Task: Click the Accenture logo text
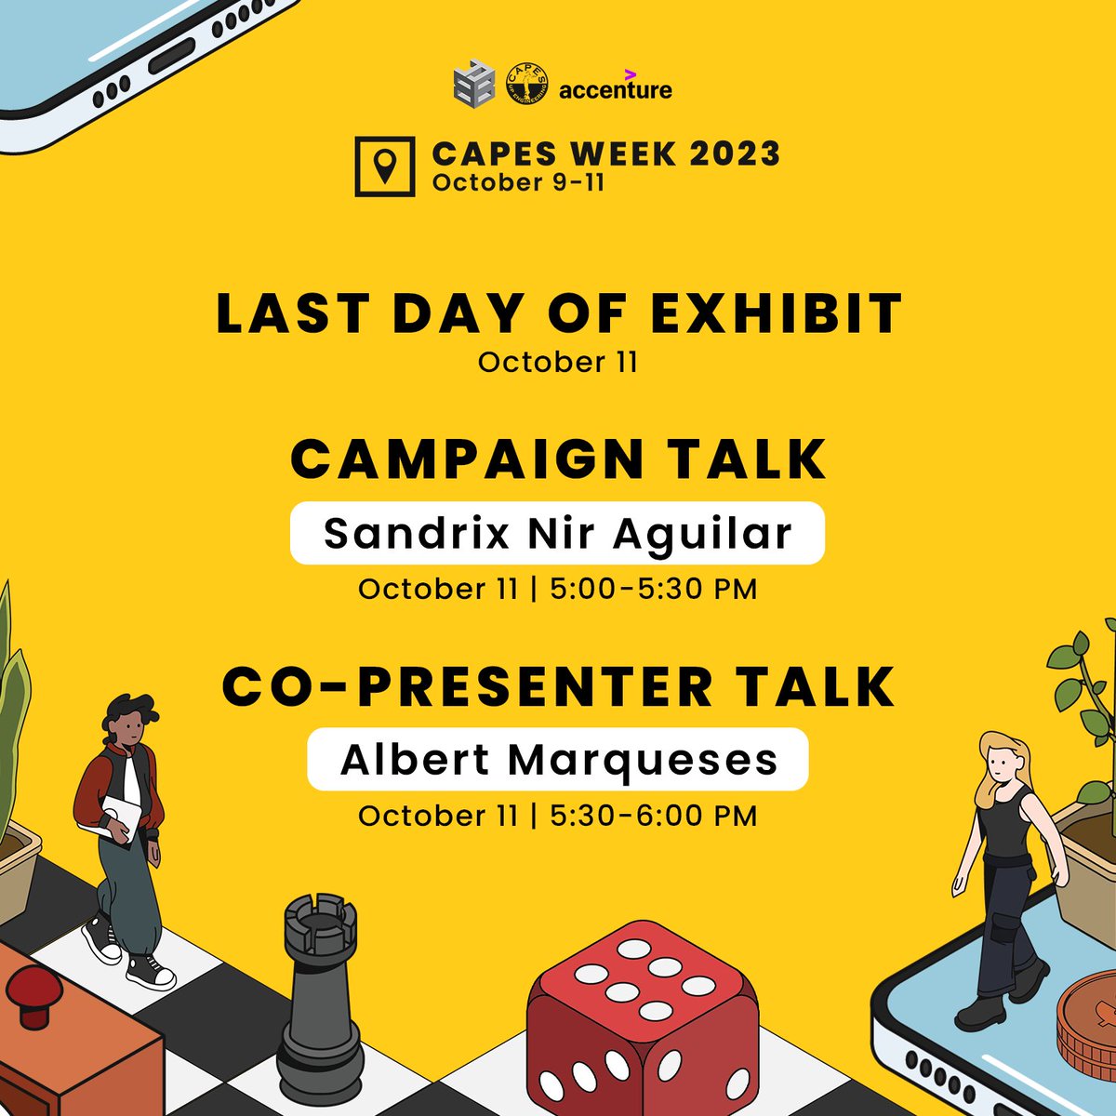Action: tap(615, 90)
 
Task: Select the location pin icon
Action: tap(385, 166)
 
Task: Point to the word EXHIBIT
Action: tap(777, 313)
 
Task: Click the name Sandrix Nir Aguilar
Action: tap(557, 533)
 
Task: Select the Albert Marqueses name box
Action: tap(558, 760)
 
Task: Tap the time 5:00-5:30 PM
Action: tap(654, 589)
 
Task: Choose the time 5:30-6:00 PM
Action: tap(654, 816)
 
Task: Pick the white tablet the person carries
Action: tap(120, 818)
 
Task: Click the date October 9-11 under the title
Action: tap(518, 181)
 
